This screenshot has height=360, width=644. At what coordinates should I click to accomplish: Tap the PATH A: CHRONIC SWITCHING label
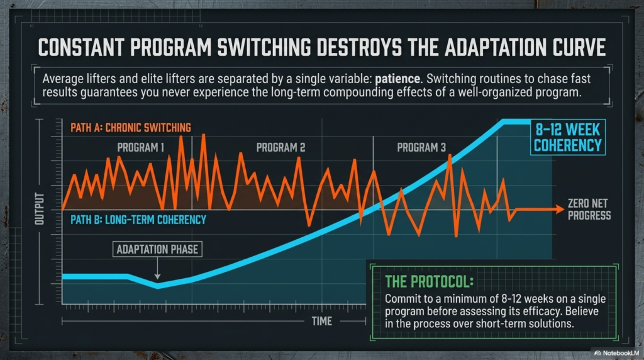[x=131, y=128]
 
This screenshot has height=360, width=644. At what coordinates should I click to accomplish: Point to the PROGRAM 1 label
[x=141, y=148]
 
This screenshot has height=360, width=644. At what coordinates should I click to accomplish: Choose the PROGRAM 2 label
[x=280, y=148]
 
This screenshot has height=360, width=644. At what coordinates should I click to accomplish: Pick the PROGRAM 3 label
[x=421, y=148]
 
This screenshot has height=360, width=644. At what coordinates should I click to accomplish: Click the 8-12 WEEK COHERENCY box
[x=567, y=138]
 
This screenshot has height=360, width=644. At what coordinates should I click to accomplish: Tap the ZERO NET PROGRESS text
[x=589, y=210]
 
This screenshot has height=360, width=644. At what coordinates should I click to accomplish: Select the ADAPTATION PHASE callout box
[x=157, y=249]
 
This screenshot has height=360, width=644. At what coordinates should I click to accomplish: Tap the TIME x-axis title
[x=322, y=321]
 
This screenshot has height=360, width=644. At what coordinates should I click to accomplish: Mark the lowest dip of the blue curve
[x=157, y=286]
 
